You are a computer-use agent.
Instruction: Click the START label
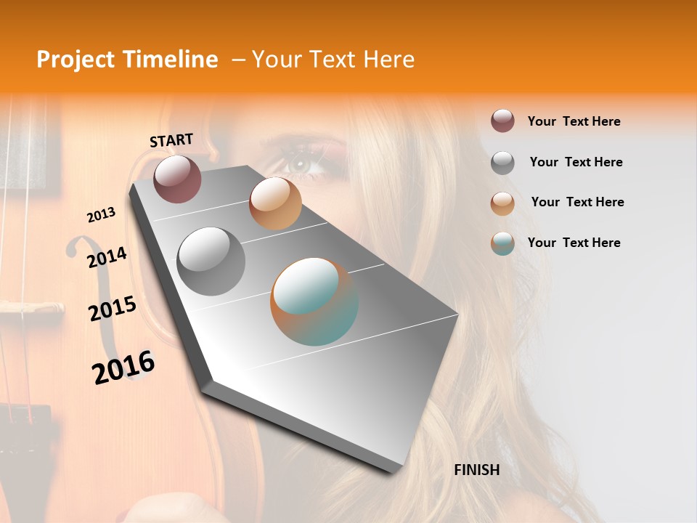(x=171, y=140)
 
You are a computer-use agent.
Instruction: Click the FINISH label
(x=476, y=470)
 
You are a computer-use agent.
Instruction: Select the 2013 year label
(x=101, y=215)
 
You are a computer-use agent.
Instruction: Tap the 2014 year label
(x=107, y=257)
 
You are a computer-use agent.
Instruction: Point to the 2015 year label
(x=113, y=309)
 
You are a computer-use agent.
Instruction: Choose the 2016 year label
(x=123, y=367)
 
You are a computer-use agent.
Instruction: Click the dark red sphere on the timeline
(x=177, y=179)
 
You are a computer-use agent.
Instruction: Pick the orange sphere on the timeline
(x=275, y=203)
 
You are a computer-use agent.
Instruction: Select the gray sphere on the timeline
(x=211, y=261)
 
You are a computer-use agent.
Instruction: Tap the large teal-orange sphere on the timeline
(x=314, y=301)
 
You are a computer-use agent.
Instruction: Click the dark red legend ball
(x=502, y=121)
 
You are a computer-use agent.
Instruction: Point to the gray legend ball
(x=502, y=163)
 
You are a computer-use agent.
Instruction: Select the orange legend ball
(x=502, y=203)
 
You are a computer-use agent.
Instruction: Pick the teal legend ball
(x=502, y=243)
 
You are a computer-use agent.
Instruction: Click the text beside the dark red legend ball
(x=574, y=121)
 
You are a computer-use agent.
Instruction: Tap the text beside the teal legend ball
(x=574, y=243)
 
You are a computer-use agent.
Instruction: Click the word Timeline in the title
(x=172, y=60)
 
